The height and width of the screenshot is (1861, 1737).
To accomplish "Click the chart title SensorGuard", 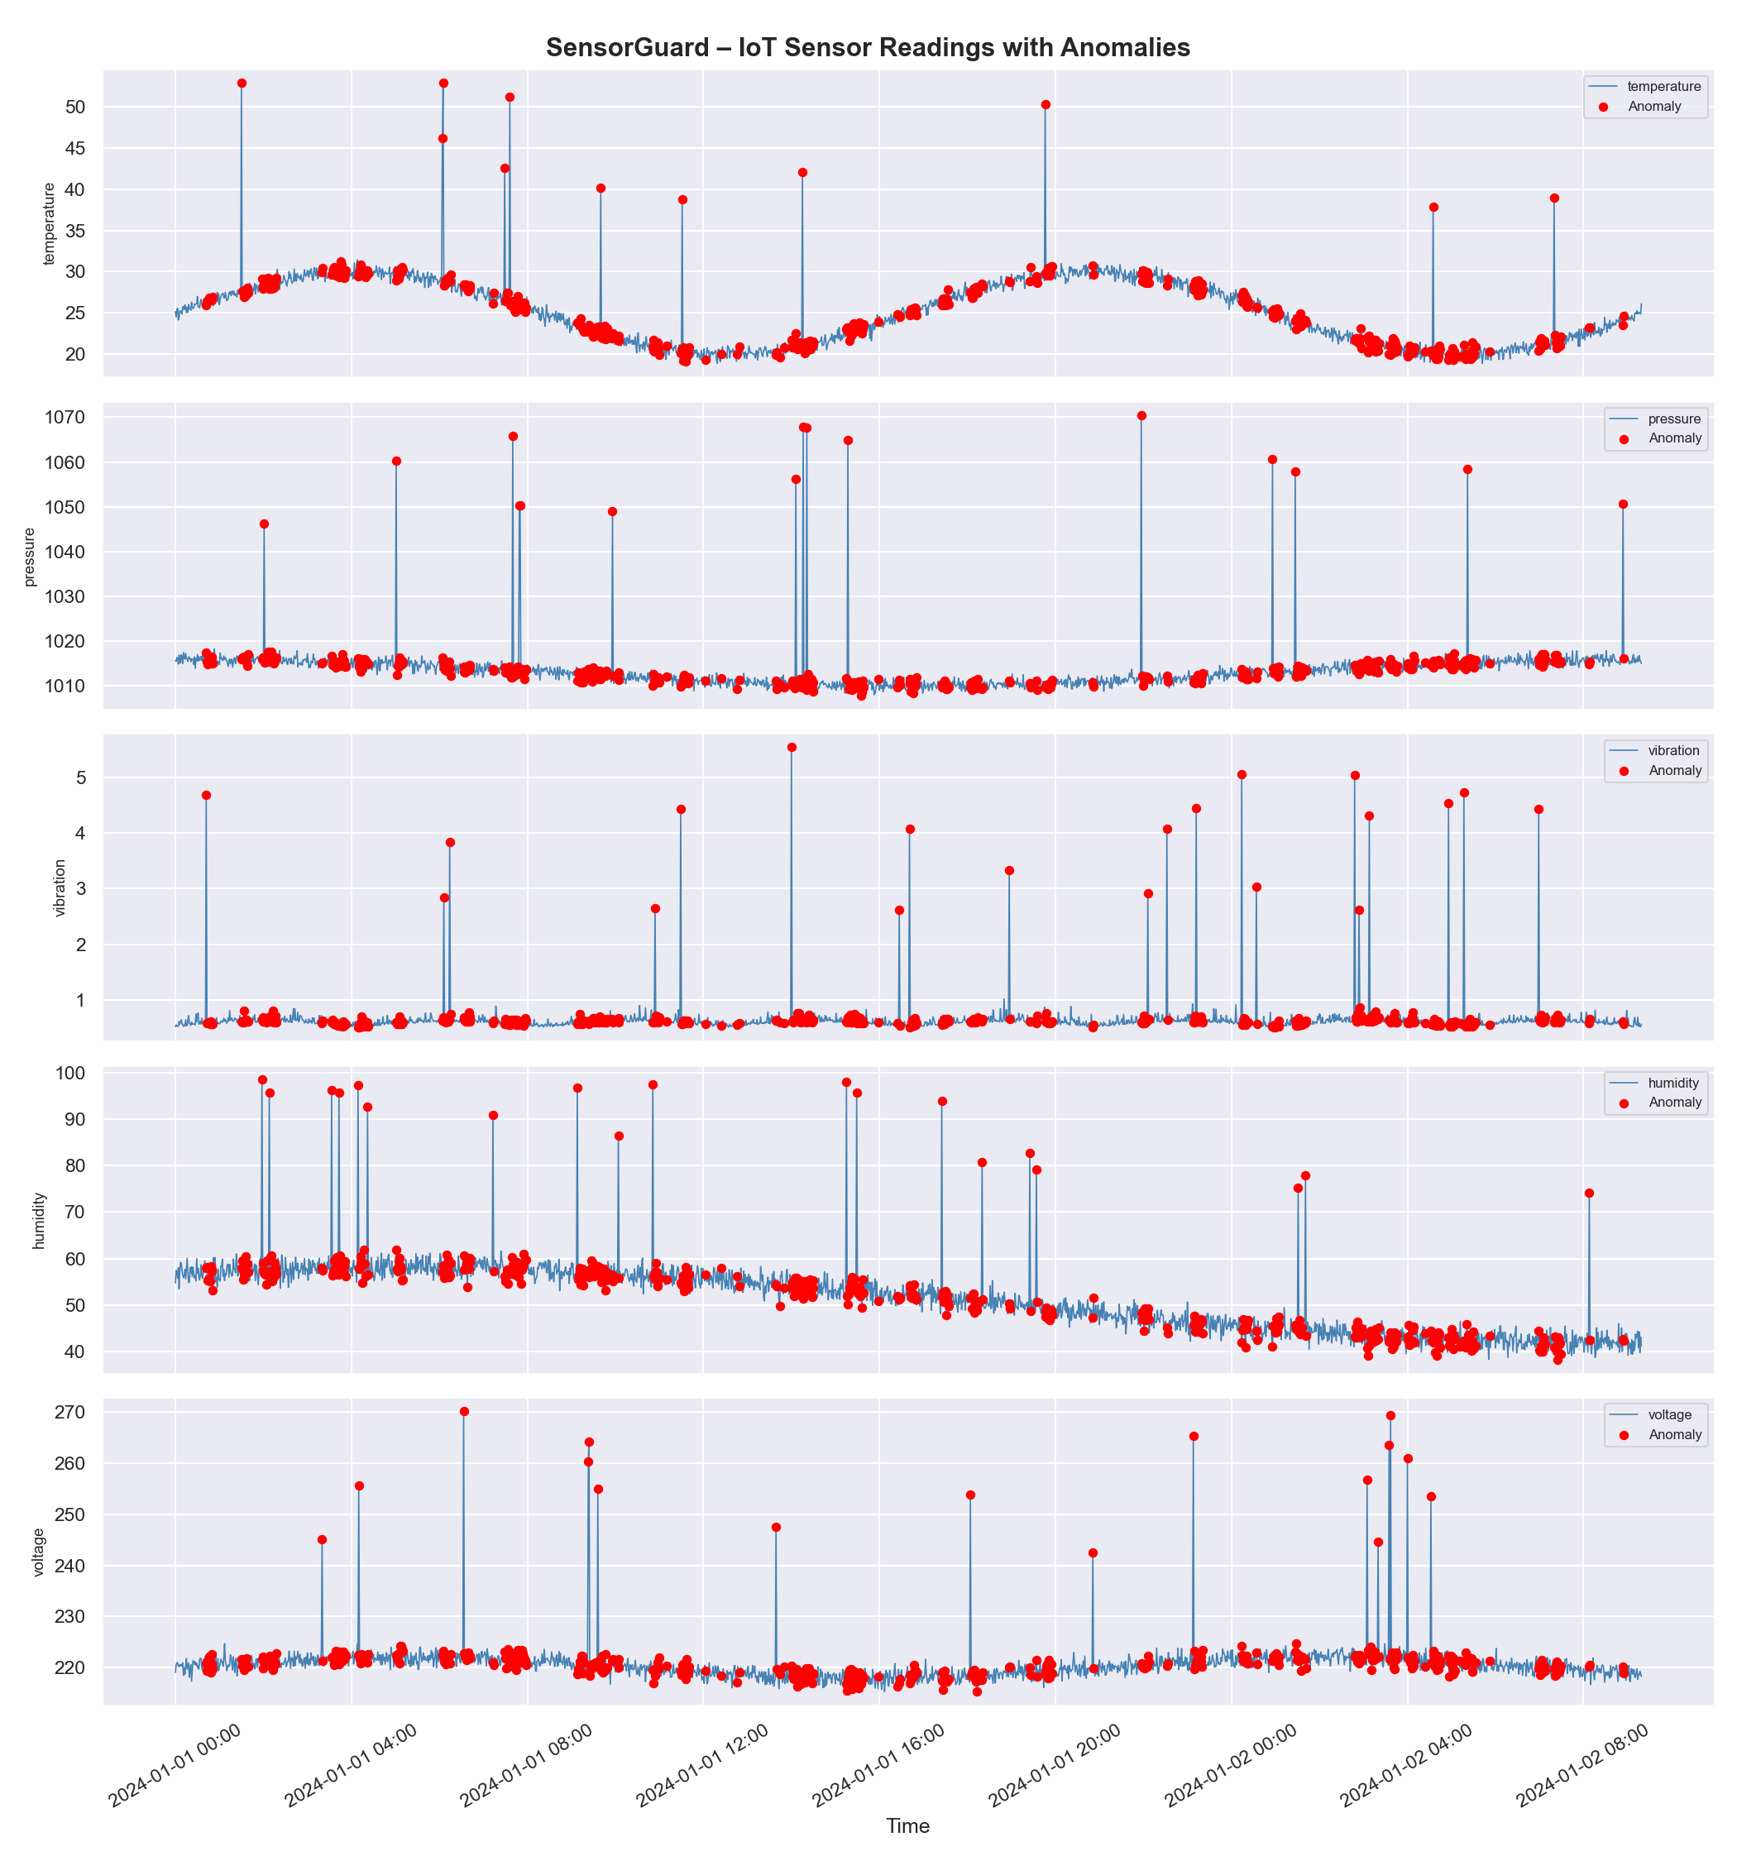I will coord(867,48).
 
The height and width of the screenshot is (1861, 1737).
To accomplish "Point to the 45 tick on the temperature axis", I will coord(75,148).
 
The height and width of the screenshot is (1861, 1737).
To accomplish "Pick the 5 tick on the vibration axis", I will coord(81,778).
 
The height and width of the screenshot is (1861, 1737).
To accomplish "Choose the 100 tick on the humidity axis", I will coord(70,1073).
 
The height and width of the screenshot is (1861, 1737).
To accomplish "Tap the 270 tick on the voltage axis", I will coord(70,1412).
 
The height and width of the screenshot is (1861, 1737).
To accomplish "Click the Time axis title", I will coord(907,1825).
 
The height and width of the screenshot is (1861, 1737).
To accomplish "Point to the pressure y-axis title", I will coord(29,557).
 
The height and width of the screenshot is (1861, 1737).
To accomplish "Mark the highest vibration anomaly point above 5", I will coord(792,747).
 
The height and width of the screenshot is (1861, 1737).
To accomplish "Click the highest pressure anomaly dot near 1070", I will coord(1141,416).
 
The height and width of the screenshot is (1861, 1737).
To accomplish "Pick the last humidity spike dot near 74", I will coord(1589,1194).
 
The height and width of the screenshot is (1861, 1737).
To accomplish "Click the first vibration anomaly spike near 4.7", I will coord(206,796).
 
